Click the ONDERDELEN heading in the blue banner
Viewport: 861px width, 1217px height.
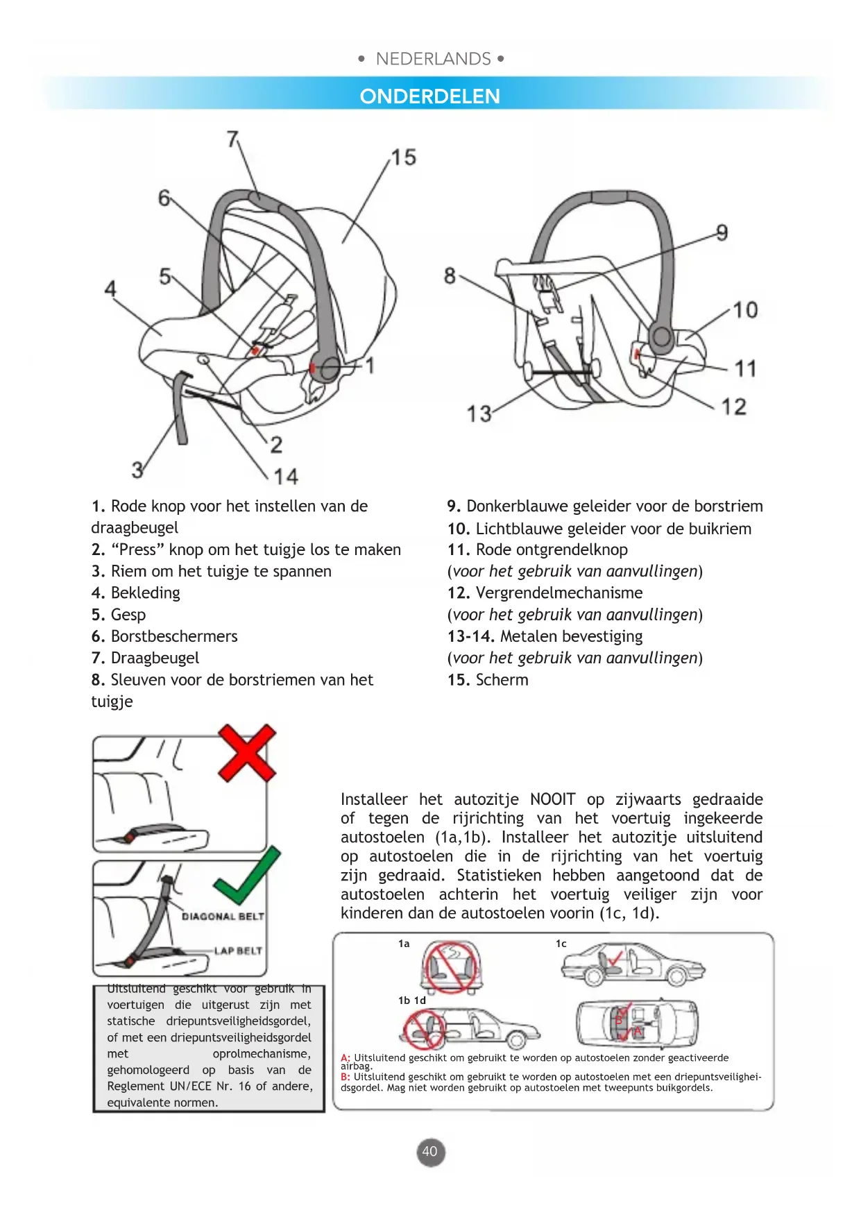tap(429, 96)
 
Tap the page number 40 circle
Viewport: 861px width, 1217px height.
tap(430, 1152)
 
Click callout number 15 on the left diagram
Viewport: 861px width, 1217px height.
tap(404, 158)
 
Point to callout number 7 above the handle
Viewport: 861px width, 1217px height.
tap(233, 139)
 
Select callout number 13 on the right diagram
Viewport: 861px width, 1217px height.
tap(479, 414)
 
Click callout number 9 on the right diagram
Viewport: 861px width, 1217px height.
tap(722, 232)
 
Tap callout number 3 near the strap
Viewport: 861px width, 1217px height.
tap(137, 470)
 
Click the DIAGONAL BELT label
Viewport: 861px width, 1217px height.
tap(223, 917)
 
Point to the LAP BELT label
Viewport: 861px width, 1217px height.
tap(238, 951)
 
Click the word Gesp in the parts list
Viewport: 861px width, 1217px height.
tap(128, 615)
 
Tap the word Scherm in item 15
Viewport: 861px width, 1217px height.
tap(502, 680)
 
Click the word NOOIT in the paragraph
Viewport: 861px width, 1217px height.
tap(552, 799)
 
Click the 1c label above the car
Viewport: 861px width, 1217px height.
tap(561, 944)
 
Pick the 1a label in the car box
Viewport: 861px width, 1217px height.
tap(404, 944)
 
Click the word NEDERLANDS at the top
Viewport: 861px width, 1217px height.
tap(433, 59)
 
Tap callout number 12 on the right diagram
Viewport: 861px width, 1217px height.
tap(733, 407)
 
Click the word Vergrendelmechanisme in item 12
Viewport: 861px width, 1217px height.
tap(559, 593)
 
